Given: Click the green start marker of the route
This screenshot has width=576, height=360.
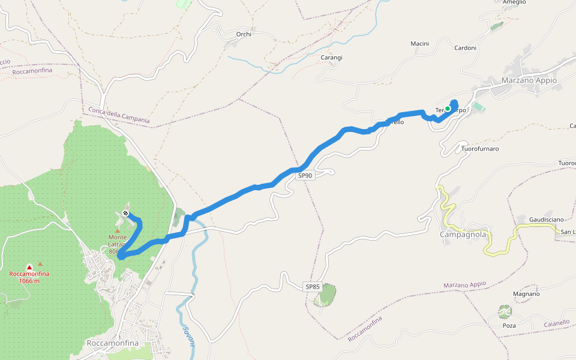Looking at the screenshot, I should point(448,109).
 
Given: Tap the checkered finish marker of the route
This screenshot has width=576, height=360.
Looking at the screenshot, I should point(125,213).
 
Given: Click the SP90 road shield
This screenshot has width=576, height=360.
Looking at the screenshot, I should point(305,176).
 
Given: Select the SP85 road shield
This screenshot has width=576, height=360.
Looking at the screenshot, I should point(313,287).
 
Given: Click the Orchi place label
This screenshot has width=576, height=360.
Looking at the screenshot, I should point(244,34).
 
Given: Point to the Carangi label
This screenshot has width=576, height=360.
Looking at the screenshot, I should point(331,58).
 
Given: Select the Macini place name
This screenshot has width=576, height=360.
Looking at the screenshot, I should point(419,44).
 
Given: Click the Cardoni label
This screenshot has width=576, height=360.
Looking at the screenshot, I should point(465,48).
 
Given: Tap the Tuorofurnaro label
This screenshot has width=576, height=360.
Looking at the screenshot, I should point(480,148).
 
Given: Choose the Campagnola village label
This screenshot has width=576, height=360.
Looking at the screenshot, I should point(463,235).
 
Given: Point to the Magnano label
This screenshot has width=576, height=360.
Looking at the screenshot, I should point(527,294).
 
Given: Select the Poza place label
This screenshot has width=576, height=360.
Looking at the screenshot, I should point(509,325).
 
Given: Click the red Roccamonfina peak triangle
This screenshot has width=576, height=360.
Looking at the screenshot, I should point(29,267).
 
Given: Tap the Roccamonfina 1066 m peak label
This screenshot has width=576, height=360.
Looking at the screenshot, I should point(29,277).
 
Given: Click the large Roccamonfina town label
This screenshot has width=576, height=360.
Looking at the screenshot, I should point(113,343).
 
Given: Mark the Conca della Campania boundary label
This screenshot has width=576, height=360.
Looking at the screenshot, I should point(119,115).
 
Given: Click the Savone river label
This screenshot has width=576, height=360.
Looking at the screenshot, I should point(188,337).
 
